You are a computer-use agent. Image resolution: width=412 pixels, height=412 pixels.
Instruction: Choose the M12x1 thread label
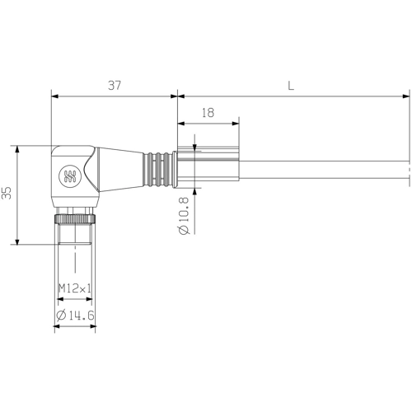[74, 288]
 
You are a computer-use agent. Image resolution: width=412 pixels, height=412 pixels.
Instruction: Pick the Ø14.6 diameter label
[74, 315]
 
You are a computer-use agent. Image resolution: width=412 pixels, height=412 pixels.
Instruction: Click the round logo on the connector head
[69, 176]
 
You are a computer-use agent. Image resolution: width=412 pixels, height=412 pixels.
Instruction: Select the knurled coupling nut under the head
[74, 218]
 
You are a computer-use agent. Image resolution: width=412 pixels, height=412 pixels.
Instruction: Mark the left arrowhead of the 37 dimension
[54, 96]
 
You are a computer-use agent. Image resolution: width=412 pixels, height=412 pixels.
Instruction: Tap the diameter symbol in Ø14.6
[61, 315]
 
